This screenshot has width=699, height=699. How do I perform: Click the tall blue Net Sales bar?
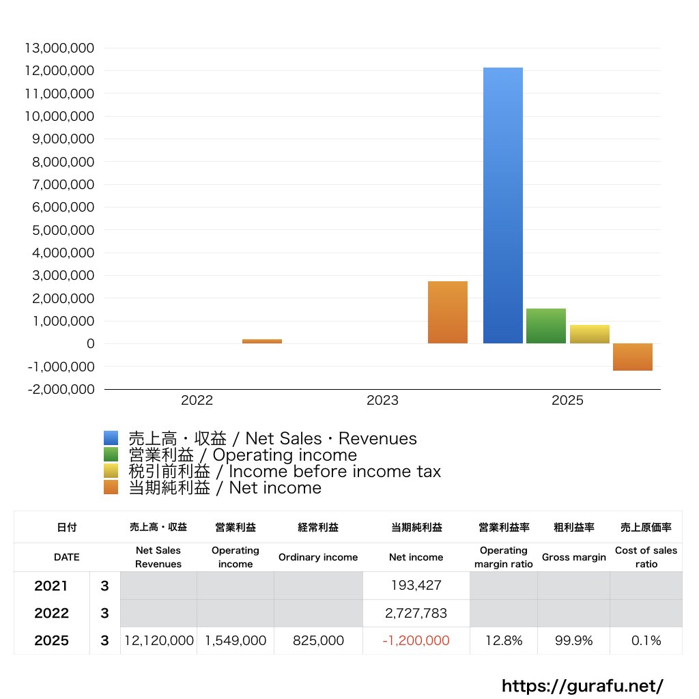tap(503, 205)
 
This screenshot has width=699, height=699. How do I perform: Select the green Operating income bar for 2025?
tap(546, 326)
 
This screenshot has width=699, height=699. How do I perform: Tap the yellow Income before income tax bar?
tap(590, 334)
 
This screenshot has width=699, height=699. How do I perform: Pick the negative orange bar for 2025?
tap(633, 357)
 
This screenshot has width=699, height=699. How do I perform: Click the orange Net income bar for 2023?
tap(448, 312)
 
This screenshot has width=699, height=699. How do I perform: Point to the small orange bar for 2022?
tap(262, 341)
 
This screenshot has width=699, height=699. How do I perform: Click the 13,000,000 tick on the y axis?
tap(59, 48)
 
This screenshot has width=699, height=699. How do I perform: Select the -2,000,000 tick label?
tap(59, 389)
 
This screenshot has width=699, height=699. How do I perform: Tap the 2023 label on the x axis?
tap(382, 401)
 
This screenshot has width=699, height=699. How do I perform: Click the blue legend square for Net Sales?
tap(111, 438)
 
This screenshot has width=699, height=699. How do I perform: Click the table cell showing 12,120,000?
tap(159, 640)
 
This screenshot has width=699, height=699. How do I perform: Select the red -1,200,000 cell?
tap(416, 640)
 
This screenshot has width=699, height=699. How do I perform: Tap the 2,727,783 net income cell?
tap(416, 613)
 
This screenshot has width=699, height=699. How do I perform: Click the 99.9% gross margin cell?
tap(573, 640)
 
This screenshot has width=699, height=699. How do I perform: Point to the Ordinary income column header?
tap(317, 557)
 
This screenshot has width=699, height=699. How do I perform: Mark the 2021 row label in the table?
tap(51, 586)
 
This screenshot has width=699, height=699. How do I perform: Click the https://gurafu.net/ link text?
tap(582, 685)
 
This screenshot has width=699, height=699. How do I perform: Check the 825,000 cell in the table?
tap(317, 640)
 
